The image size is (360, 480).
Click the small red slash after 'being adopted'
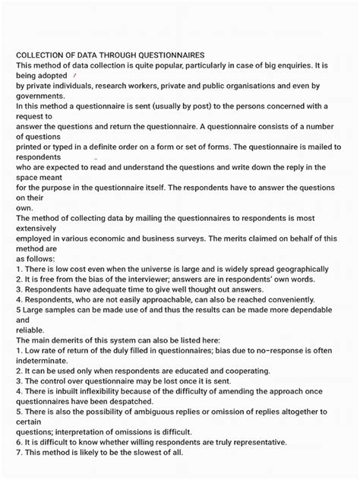tap(74, 76)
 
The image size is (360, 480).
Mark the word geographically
tap(303, 269)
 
